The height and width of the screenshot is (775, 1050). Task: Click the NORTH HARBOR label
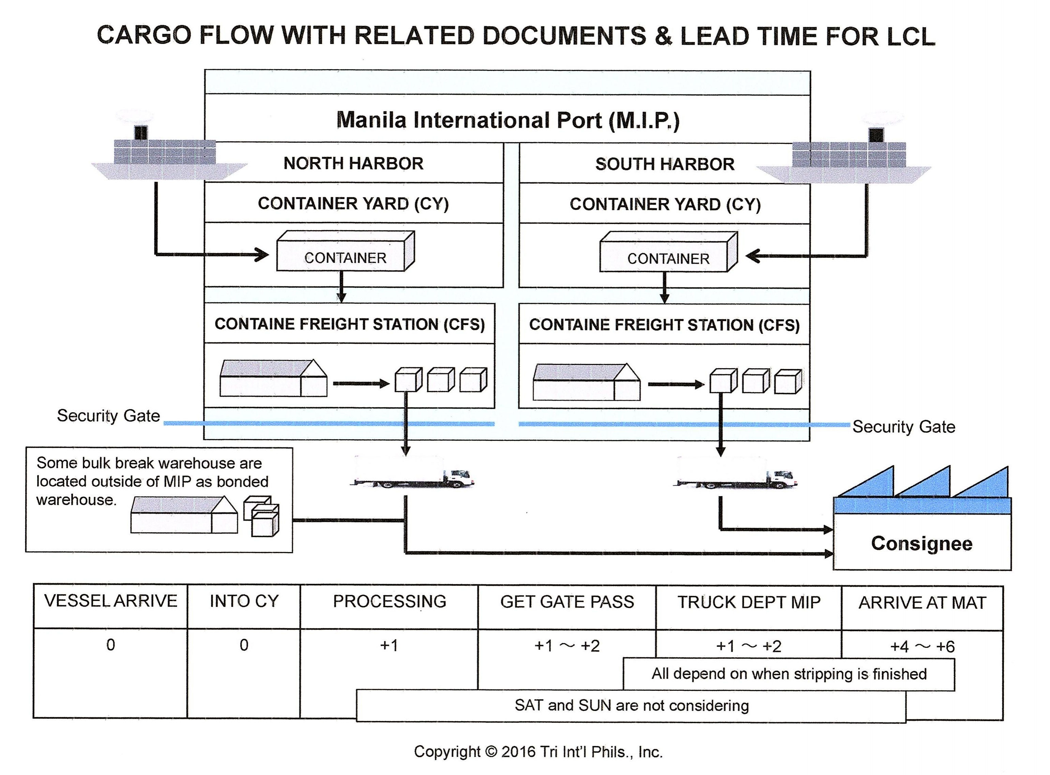click(353, 163)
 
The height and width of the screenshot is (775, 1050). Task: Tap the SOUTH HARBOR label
click(665, 164)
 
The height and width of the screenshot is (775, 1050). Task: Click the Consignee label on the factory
click(921, 543)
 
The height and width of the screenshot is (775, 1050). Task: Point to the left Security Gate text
click(108, 416)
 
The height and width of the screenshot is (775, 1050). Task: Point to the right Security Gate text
click(904, 427)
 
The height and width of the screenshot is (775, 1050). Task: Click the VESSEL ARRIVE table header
click(111, 601)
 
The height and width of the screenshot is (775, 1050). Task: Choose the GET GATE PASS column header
click(567, 602)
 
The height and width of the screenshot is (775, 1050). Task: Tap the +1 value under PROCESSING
click(389, 645)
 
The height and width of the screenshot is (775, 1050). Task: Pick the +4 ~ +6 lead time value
click(922, 647)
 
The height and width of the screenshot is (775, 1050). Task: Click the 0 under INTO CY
click(244, 645)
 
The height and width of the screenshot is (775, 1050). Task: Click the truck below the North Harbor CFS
click(412, 474)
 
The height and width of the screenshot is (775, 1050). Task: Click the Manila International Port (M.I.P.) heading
click(508, 120)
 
